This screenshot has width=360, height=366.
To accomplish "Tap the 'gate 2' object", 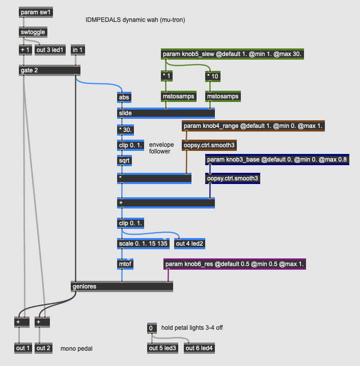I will tap(49, 70).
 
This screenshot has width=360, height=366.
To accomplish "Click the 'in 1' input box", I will tap(78, 49).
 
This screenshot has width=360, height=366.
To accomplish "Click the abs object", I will tap(124, 97).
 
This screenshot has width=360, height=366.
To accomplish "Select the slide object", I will tap(165, 113).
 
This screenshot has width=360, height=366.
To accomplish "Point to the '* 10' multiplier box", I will tap(213, 76).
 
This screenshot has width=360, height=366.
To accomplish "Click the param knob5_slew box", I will tap(233, 54).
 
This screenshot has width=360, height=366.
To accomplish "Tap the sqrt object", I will tap(125, 160).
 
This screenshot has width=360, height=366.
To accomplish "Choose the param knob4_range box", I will tap(253, 125).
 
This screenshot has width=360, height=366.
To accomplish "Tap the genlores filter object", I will tap(121, 286).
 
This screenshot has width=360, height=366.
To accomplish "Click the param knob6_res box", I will tap(234, 264).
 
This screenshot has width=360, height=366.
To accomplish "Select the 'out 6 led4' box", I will tap(199, 348).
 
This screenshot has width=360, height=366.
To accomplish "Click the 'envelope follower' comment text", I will tap(161, 148).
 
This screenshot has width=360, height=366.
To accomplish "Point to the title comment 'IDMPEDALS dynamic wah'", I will tap(135, 20).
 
